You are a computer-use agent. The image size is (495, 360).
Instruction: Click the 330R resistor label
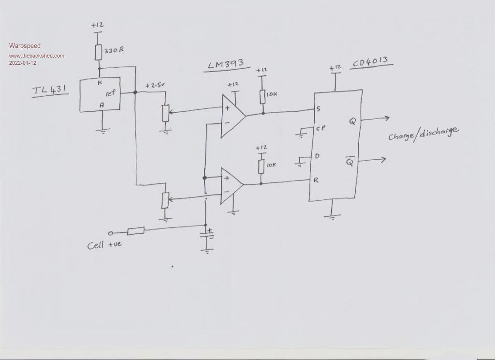coord(114,50)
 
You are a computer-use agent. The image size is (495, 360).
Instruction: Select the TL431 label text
coord(50,90)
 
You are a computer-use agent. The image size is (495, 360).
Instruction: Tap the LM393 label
coord(225,64)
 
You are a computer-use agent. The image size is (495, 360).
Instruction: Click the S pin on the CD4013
coord(318,109)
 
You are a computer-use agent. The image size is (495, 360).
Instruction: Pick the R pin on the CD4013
coord(316,180)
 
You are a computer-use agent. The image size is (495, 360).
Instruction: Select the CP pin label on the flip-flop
coord(320,128)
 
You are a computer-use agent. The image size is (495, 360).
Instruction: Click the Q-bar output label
coord(349,162)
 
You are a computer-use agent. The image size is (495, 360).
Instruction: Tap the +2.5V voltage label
coord(155,86)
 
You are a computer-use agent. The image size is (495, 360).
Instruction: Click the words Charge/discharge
coord(422,133)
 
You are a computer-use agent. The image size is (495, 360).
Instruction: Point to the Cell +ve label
coord(104,245)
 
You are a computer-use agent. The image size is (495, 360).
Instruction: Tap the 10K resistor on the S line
coord(262,96)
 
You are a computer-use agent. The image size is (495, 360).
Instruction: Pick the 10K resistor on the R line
coord(262,166)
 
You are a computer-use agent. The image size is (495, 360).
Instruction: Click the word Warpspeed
coord(25,46)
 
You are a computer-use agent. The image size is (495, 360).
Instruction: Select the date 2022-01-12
coord(23,63)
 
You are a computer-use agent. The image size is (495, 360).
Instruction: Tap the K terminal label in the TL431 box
coord(100,83)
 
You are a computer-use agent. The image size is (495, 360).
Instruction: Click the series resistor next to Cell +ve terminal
coord(136,231)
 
